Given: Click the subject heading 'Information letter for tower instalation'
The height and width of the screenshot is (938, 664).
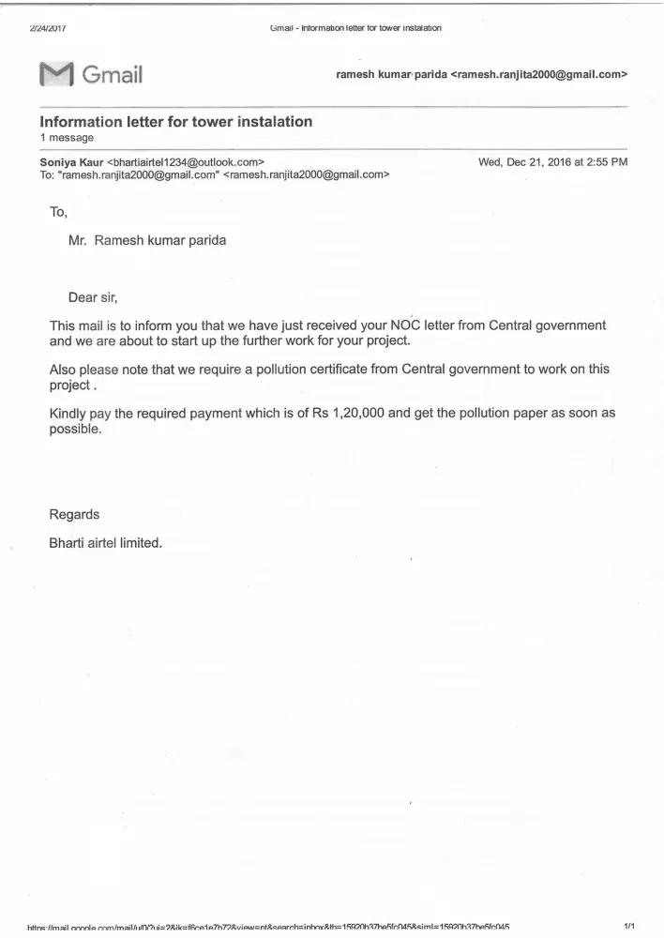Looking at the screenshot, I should point(176,122).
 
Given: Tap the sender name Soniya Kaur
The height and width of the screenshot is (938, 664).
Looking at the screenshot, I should point(72,162).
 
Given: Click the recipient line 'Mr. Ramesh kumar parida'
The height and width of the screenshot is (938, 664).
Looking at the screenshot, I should point(147,239).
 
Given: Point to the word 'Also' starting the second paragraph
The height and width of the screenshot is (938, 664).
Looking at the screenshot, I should point(65,370).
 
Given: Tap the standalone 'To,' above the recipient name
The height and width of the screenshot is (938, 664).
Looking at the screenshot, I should point(59,212).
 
